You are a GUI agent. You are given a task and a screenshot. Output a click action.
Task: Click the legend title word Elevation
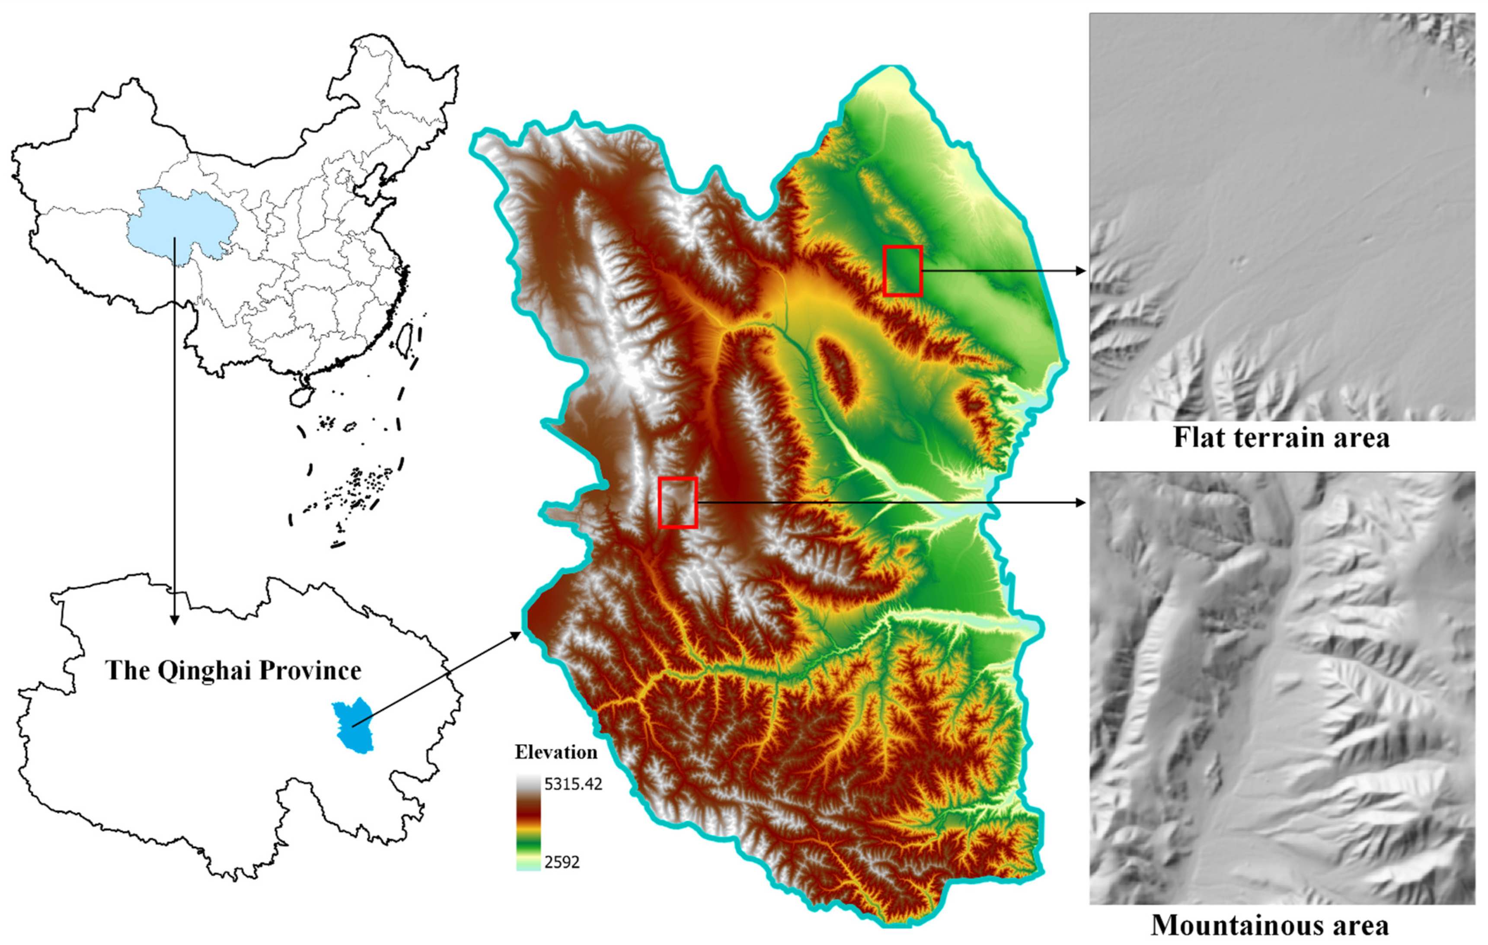(556, 752)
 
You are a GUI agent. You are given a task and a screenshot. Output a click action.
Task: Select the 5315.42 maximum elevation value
(573, 784)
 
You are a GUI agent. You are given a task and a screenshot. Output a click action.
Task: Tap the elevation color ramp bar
(528, 823)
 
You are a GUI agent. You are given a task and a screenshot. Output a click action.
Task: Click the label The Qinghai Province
(233, 671)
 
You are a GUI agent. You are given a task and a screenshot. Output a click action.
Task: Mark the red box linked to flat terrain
(902, 271)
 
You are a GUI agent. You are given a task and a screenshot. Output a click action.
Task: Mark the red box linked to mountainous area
(678, 503)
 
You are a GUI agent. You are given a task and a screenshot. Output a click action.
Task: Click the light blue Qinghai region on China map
(179, 222)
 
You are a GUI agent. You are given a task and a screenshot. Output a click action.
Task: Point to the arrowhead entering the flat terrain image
(1081, 271)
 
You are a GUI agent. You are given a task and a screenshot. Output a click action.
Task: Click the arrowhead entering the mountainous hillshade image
(1081, 503)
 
